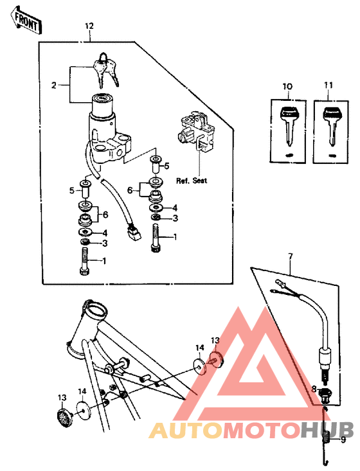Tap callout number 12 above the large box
click(x=89, y=26)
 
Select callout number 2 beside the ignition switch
click(x=55, y=84)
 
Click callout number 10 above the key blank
click(x=287, y=85)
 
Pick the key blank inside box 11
click(x=332, y=127)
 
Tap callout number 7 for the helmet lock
click(x=290, y=257)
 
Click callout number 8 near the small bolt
click(x=314, y=389)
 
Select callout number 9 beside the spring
click(x=343, y=440)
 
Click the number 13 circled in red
click(x=215, y=340)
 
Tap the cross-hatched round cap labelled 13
click(x=63, y=417)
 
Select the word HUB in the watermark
click(x=327, y=430)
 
